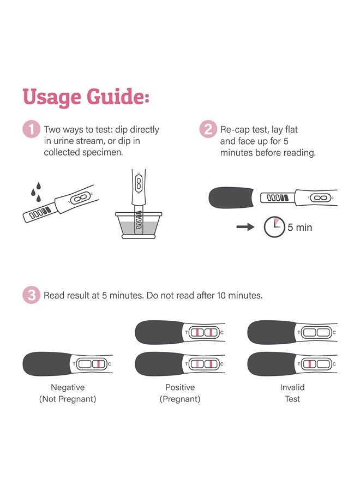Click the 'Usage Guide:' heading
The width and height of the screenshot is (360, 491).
click(86, 98)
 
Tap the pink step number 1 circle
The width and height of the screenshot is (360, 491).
click(31, 130)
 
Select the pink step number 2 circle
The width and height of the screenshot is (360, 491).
click(208, 130)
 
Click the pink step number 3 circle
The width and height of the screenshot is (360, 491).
click(31, 296)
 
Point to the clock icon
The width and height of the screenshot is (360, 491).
click(274, 227)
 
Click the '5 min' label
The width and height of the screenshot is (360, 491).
click(299, 227)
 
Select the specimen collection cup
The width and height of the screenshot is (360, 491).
click(139, 224)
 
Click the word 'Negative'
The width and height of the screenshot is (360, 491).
click(68, 387)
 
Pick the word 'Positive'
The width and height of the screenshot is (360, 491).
click(180, 387)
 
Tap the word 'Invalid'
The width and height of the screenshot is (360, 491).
click(292, 387)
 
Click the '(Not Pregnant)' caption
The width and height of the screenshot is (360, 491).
click(68, 399)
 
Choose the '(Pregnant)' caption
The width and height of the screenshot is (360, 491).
click(180, 399)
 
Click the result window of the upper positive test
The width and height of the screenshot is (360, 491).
click(203, 332)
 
